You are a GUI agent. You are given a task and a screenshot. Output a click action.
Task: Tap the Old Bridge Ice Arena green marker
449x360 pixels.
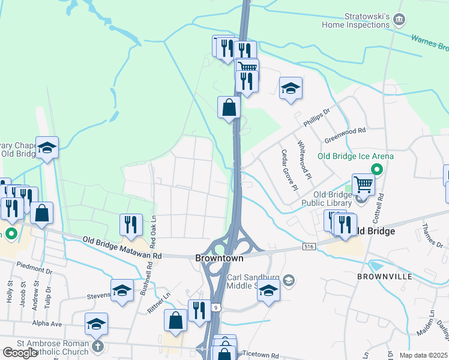tap(377, 169)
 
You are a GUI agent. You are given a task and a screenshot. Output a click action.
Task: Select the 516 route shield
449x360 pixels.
tap(309, 247)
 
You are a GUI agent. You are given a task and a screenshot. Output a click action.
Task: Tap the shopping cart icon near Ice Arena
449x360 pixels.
tap(363, 184)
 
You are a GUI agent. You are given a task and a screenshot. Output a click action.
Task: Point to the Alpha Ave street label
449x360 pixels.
tap(47, 323)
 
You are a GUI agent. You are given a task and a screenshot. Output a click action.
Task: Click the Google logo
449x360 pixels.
tap(20, 353)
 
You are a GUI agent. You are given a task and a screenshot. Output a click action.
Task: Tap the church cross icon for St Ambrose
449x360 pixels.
tap(98, 346)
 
